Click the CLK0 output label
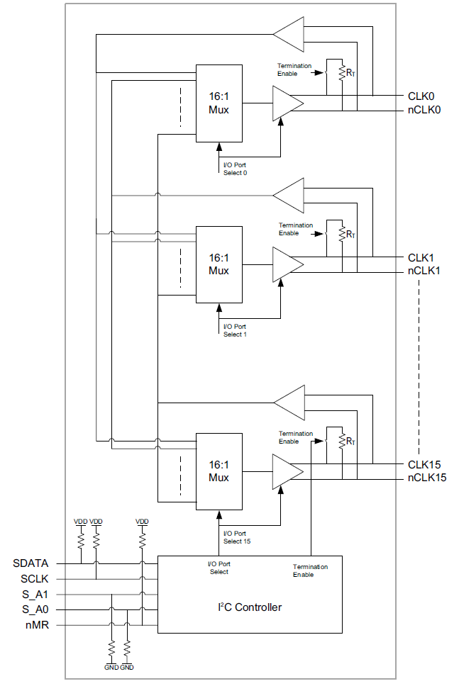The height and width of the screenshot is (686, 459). [421, 96]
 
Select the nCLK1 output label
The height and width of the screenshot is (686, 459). [424, 271]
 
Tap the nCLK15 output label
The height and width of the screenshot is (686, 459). [427, 478]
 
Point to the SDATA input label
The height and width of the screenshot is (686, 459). [31, 563]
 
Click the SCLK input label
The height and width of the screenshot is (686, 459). [35, 579]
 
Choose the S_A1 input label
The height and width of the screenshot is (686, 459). [35, 595]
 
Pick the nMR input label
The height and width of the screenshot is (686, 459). [37, 625]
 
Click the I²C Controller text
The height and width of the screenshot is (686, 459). [250, 607]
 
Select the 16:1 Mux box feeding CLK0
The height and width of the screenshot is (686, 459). [219, 103]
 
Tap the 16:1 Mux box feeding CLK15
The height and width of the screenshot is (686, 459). [219, 472]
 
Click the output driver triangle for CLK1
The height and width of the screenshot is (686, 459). [288, 264]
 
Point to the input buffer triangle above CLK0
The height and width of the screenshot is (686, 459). [288, 35]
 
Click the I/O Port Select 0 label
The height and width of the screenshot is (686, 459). [235, 169]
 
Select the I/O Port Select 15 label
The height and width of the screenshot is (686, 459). [237, 537]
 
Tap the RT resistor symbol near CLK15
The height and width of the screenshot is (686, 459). [342, 442]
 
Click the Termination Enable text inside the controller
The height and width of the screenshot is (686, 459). [311, 570]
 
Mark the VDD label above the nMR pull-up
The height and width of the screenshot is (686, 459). [142, 522]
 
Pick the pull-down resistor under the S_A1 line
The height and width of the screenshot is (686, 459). [111, 648]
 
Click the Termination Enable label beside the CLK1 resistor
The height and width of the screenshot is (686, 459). [296, 229]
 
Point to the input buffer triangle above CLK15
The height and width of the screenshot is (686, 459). [289, 403]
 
